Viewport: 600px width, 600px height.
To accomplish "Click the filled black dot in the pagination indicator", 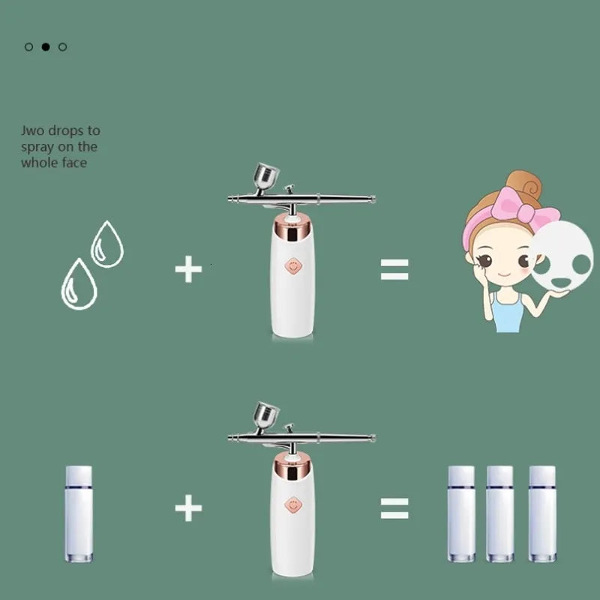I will [46, 46].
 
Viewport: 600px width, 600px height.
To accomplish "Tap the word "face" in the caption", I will [73, 163].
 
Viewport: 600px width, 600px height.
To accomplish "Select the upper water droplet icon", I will [106, 245].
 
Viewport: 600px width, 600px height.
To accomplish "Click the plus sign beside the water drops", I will [188, 269].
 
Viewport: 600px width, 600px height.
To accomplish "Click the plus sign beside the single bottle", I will [188, 508].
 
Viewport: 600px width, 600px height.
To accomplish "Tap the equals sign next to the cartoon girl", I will [394, 269].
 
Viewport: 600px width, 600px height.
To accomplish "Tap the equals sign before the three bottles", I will [394, 508].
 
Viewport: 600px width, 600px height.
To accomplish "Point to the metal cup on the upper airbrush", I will [265, 176].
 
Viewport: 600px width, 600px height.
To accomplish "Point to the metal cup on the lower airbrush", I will [265, 415].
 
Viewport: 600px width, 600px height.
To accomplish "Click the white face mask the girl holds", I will [563, 256].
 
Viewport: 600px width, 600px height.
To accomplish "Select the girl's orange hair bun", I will [523, 184].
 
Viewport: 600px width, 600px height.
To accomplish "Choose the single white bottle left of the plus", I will [79, 514].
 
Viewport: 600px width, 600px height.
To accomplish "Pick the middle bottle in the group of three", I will [499, 514].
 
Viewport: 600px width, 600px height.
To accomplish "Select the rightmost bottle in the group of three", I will [541, 514].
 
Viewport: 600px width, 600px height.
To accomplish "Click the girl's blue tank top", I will [507, 313].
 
